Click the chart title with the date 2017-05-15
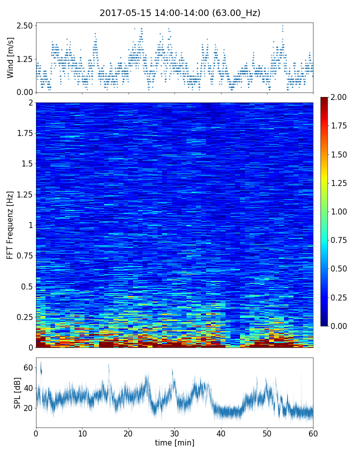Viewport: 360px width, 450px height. pyautogui.click(x=180, y=13)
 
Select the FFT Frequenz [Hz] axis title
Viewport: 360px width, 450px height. pyautogui.click(x=10, y=225)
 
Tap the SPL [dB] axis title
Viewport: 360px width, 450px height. pyautogui.click(x=17, y=392)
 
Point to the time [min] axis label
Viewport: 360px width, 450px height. pyautogui.click(x=174, y=442)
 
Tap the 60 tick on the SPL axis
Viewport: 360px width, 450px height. pyautogui.click(x=28, y=368)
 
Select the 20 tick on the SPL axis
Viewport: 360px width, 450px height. pyautogui.click(x=28, y=408)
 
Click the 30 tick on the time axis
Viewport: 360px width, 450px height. pyautogui.click(x=174, y=432)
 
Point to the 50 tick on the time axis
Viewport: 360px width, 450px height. pyautogui.click(x=267, y=432)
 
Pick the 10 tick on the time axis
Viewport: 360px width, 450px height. pyautogui.click(x=82, y=432)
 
